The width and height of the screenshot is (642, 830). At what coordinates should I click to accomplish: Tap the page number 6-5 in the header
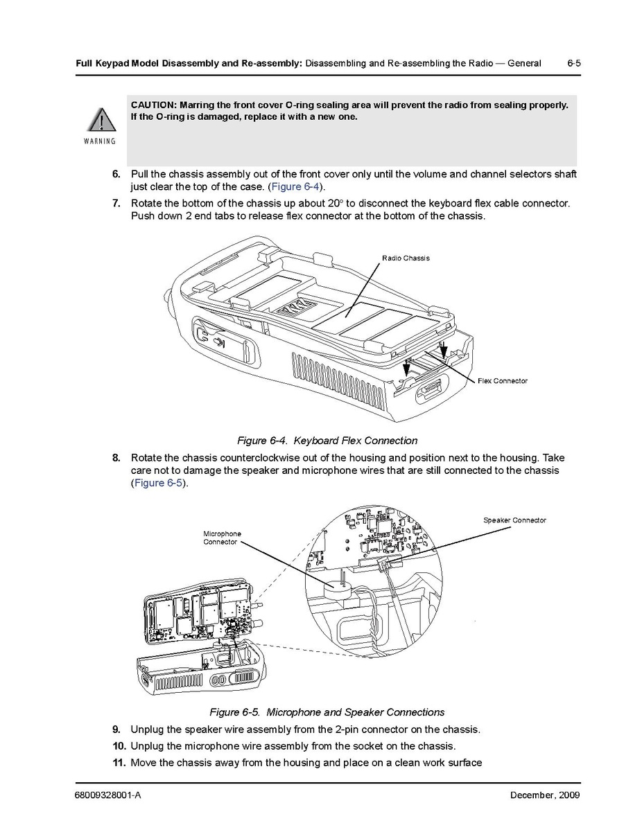(x=573, y=63)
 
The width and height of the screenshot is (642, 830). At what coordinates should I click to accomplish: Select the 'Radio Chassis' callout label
(x=406, y=258)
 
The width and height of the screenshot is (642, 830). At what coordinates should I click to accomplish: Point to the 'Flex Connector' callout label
(x=502, y=381)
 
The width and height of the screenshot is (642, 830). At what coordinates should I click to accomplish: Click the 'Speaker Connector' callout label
(x=514, y=520)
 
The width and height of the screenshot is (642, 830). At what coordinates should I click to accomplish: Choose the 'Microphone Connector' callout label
(x=222, y=538)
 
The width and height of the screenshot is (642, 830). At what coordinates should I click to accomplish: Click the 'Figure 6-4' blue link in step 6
(x=295, y=187)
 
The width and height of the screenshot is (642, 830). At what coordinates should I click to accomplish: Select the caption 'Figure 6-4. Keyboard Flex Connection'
(x=327, y=441)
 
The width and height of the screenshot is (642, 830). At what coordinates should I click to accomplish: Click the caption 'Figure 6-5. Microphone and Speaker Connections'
(x=327, y=712)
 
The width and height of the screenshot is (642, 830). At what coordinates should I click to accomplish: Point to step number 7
(x=116, y=203)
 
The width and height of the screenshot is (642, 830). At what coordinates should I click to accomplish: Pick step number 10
(x=119, y=746)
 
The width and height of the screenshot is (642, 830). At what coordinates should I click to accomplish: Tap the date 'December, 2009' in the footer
(x=540, y=795)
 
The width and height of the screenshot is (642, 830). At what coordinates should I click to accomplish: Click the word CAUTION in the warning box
(x=152, y=105)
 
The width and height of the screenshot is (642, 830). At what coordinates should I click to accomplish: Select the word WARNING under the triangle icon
(x=100, y=141)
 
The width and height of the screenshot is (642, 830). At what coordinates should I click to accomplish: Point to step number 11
(x=119, y=763)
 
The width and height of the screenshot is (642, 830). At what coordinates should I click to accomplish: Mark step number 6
(x=116, y=174)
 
